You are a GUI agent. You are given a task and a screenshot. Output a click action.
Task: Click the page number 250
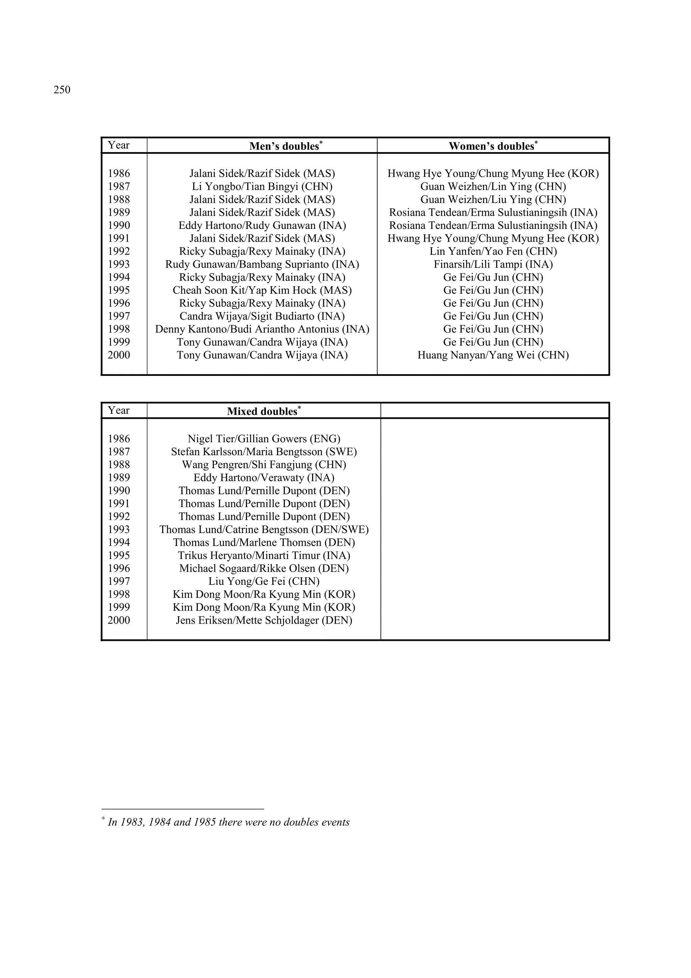tap(62, 90)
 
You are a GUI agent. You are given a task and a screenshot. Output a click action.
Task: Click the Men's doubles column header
tap(285, 146)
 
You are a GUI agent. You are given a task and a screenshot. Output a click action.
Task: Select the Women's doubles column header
tap(492, 146)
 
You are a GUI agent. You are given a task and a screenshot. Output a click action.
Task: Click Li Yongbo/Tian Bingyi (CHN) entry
tap(262, 186)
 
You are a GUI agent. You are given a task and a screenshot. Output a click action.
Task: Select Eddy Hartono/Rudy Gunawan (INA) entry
tap(262, 225)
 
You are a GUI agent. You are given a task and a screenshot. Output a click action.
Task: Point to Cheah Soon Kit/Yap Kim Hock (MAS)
tap(262, 290)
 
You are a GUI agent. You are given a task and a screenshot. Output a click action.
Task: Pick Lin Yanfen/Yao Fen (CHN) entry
tap(493, 251)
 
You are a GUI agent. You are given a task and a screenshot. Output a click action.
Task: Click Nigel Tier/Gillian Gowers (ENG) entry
tap(264, 439)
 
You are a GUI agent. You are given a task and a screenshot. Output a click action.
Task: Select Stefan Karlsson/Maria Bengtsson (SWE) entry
tap(264, 451)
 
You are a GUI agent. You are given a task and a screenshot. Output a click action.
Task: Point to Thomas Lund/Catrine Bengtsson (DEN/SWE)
tap(264, 530)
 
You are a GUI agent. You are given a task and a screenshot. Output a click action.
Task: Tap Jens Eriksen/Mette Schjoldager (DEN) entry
tap(264, 620)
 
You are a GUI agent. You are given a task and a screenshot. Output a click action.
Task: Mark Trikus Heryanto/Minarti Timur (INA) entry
tap(264, 556)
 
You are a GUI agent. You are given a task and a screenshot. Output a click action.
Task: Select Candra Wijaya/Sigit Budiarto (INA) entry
tap(262, 316)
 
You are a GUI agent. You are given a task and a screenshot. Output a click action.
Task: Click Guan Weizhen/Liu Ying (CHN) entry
tap(493, 199)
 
